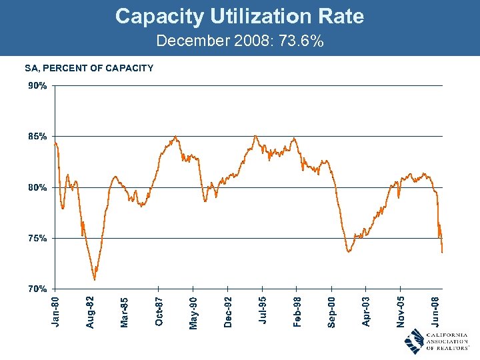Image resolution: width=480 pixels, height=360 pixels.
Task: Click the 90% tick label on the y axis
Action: coord(37,86)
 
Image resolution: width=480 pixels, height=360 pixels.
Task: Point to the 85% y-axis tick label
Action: coord(37,137)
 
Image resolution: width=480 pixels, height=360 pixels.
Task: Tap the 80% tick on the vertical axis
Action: coord(37,187)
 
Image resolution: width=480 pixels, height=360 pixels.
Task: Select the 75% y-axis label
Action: coord(37,238)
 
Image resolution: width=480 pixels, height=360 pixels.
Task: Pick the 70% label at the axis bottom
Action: coord(37,289)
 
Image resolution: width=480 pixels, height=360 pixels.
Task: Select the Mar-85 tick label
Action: coord(125,312)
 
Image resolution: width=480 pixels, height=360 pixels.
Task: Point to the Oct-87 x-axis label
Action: coord(159,312)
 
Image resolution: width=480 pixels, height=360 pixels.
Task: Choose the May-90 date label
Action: coord(193,312)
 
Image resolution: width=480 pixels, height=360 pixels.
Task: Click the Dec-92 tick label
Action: coord(228,312)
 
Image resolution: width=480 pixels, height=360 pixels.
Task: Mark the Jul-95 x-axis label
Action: coord(263,312)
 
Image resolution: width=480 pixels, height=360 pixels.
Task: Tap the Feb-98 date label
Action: coord(297,312)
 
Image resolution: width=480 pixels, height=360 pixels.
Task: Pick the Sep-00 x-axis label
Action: coord(331,312)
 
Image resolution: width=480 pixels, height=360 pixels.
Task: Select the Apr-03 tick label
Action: coord(366,312)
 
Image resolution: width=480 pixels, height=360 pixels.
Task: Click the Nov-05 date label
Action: coord(401,312)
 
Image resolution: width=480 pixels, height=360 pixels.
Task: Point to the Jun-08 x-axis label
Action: coord(435,312)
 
